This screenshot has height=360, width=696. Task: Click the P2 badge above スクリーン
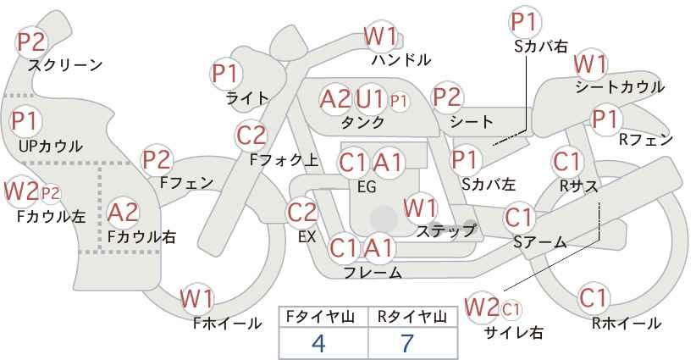pos(31,42)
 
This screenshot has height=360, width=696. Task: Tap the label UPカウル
pos(50,146)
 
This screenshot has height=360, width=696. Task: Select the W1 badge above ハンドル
pos(380,36)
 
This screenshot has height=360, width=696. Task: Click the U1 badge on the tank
pos(370,99)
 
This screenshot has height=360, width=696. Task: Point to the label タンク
pos(362,122)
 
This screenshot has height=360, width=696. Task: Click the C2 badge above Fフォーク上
pos(251,136)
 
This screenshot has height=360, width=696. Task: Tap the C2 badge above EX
pos(302,213)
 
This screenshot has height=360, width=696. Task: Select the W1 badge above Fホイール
pos(197,299)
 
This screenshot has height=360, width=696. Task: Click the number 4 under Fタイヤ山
pos(318,343)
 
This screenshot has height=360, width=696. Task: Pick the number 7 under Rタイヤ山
pos(407,343)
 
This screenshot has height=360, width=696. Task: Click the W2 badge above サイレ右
pos(482,307)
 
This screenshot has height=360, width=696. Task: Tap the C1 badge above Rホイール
pos(594,298)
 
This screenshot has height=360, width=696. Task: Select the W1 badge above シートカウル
pos(590,64)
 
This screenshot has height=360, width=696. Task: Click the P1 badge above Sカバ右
pos(526,22)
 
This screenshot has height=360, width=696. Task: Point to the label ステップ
pos(445,231)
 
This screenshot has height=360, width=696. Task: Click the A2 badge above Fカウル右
pos(124,213)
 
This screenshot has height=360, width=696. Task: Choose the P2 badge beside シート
pos(447,97)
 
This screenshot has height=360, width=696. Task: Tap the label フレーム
pos(373,273)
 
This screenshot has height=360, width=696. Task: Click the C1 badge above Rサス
pos(567,162)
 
